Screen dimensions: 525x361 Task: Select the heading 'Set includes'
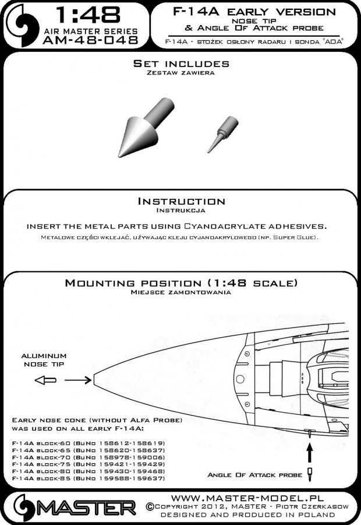tap(181, 64)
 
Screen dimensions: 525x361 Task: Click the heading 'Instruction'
tap(180, 201)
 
